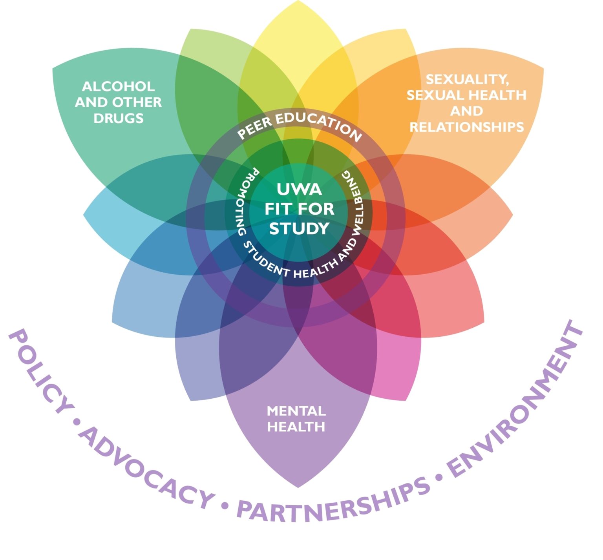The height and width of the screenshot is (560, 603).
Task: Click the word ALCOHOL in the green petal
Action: tap(118, 86)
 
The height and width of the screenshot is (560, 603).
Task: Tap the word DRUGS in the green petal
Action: tap(118, 118)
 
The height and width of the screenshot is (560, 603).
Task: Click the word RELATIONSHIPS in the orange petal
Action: tap(466, 127)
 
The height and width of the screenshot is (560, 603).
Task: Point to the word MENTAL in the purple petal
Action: tap(296, 411)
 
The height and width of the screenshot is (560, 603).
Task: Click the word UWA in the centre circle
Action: tap(299, 190)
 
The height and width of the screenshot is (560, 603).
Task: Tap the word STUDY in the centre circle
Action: tap(299, 228)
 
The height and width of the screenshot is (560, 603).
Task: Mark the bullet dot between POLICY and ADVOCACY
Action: tap(77, 422)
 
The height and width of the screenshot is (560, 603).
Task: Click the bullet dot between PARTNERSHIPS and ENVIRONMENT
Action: tap(439, 477)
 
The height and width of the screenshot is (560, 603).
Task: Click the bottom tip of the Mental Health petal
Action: tap(298, 487)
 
